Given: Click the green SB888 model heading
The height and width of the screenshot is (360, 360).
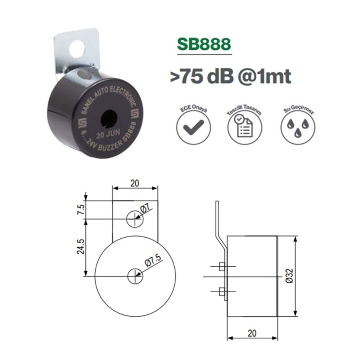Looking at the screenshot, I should [204, 44].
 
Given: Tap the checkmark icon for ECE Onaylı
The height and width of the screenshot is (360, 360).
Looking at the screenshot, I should [193, 126].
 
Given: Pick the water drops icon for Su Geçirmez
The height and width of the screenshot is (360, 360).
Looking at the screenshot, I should [297, 127].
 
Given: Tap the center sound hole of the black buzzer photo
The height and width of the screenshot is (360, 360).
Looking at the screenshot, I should [109, 119].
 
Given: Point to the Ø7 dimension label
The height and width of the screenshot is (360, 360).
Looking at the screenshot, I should [145, 208].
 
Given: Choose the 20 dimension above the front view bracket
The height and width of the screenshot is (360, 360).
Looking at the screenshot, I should [135, 183].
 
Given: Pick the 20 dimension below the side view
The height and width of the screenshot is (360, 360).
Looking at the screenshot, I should [252, 333].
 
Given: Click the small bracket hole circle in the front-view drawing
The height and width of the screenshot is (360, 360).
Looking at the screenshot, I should [135, 219].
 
